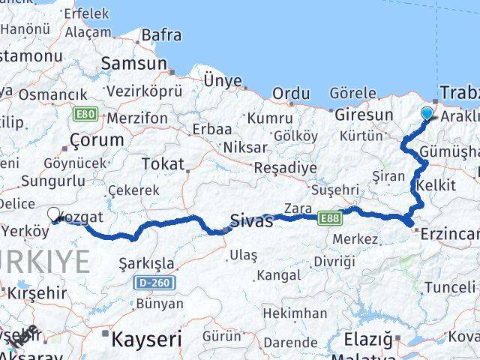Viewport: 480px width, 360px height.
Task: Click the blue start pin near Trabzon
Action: pos(427,114)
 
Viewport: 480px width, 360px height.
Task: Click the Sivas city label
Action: pos(250,220)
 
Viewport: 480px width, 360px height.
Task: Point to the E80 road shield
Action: pos(84,115)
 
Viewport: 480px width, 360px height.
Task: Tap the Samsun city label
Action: pos(133,64)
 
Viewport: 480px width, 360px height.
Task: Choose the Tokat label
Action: pos(162,164)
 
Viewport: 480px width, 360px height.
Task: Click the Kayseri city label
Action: pos(146,339)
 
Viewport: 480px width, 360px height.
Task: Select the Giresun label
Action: pos(364,115)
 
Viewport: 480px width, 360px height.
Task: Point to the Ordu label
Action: pos(291,93)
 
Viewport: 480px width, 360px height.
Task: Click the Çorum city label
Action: pos(96,139)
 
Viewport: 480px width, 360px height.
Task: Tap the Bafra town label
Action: pos(161,34)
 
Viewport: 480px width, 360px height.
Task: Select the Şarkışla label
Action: pos(147,263)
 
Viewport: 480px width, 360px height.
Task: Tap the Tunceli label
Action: pos(449,288)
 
